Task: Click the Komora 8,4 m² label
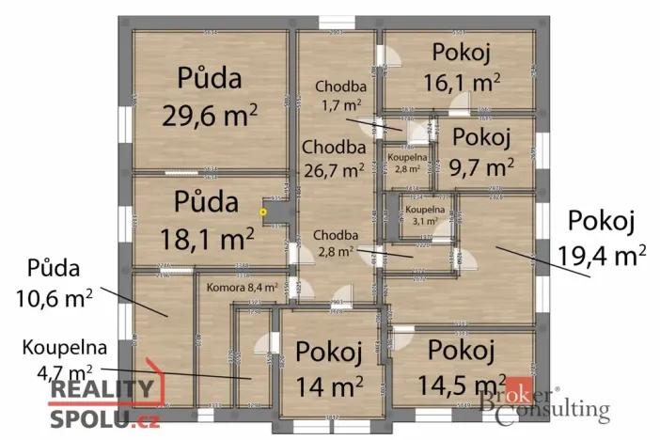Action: (242, 288)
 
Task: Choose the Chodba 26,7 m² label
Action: (333, 159)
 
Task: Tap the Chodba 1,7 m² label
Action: (340, 95)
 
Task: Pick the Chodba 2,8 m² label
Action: (334, 243)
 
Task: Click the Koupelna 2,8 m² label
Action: (408, 164)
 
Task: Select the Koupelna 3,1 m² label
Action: (419, 215)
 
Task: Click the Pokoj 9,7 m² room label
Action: (482, 151)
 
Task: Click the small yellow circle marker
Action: (263, 212)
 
